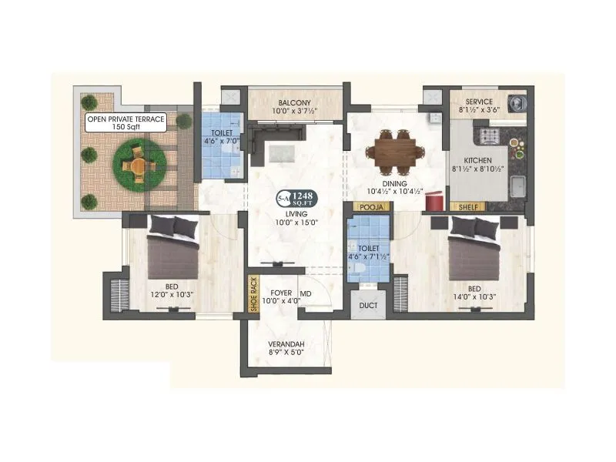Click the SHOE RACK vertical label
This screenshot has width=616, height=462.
coord(253,293)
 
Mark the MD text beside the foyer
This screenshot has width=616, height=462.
coord(306,293)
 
